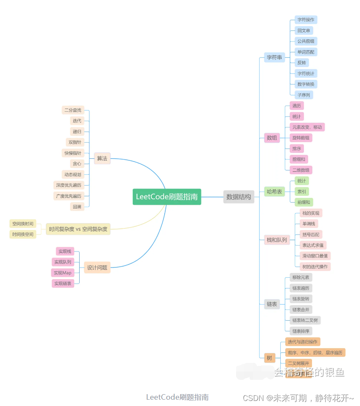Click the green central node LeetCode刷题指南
(167, 197)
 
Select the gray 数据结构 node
(239, 197)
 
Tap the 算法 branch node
(102, 158)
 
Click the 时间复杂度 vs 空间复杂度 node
(78, 229)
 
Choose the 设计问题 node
(97, 267)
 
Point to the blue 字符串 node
(274, 57)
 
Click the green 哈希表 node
(274, 192)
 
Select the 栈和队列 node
(277, 240)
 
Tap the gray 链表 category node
(272, 304)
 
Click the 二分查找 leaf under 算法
(73, 110)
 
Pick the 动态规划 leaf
(73, 174)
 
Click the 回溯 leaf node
(77, 206)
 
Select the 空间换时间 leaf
(23, 224)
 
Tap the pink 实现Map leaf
(62, 273)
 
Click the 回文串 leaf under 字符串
(304, 30)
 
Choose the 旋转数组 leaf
(301, 138)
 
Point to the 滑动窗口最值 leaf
(314, 256)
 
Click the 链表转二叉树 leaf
(305, 320)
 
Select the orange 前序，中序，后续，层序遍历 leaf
(315, 352)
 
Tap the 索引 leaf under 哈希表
(301, 192)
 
